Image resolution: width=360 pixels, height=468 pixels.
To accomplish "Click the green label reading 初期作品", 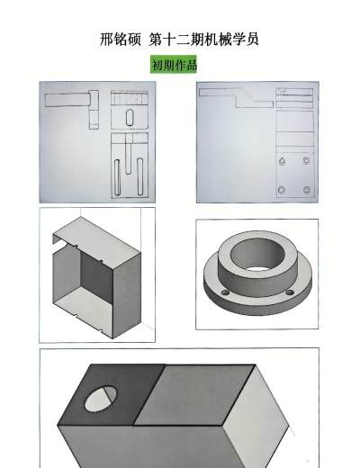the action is pyautogui.click(x=174, y=65).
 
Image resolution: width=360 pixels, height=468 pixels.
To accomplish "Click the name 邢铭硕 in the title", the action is pyautogui.click(x=121, y=40).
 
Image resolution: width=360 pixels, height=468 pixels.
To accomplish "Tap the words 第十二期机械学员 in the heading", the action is pyautogui.click(x=203, y=40).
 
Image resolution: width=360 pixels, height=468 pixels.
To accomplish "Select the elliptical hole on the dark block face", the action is pyautogui.click(x=101, y=399).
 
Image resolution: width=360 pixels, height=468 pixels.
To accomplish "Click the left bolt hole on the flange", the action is pyautogui.click(x=224, y=292).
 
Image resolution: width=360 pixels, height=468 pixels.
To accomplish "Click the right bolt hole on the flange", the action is pyautogui.click(x=289, y=292).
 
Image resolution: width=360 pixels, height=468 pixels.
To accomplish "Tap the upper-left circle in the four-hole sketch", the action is pyautogui.click(x=282, y=161).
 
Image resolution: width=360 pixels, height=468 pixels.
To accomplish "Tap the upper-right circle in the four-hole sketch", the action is pyautogui.click(x=306, y=161).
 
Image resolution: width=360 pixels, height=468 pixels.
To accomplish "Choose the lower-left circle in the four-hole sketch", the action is pyautogui.click(x=282, y=190).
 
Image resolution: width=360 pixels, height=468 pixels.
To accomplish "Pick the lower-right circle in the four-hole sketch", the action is pyautogui.click(x=306, y=190).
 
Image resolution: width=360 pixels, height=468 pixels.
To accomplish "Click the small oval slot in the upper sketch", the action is pyautogui.click(x=130, y=118).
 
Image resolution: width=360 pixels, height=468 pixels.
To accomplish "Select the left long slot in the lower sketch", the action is pyautogui.click(x=117, y=177).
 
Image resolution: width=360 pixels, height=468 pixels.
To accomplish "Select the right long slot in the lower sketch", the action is pyautogui.click(x=139, y=176).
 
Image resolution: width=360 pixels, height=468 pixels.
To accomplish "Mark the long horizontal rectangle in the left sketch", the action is pyautogui.click(x=67, y=100).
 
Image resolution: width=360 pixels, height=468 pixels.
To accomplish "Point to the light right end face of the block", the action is pyautogui.click(x=255, y=417).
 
